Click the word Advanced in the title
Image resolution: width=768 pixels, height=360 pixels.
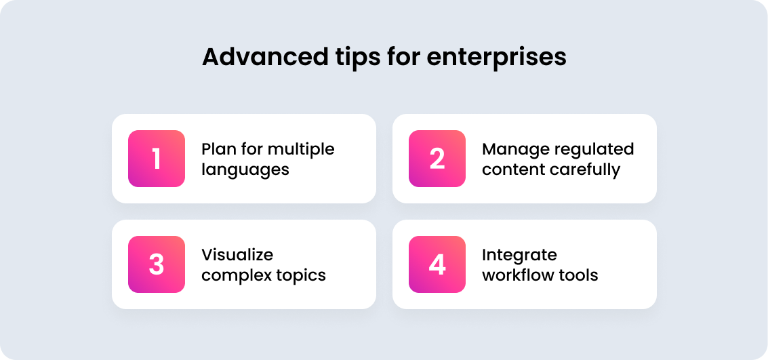click(266, 57)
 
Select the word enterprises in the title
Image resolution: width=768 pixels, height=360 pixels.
click(496, 59)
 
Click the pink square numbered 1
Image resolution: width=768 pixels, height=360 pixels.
click(157, 159)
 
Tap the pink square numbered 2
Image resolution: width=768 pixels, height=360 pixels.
click(437, 159)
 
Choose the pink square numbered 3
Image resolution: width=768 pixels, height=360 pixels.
click(157, 264)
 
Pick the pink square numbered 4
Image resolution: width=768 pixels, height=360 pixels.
click(437, 264)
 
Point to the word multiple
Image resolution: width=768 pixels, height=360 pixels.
click(301, 149)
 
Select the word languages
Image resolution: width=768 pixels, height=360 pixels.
click(245, 170)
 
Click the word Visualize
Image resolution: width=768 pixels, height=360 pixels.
click(237, 255)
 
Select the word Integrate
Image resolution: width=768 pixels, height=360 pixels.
click(520, 256)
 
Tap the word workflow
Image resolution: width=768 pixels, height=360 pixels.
click(521, 275)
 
